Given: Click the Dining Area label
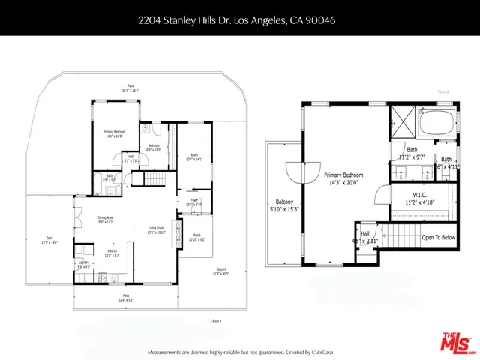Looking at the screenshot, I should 104,218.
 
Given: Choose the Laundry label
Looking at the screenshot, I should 83,264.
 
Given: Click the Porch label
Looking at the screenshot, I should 196,237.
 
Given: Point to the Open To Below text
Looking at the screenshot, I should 438,237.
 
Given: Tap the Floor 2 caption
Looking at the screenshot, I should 442,91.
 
